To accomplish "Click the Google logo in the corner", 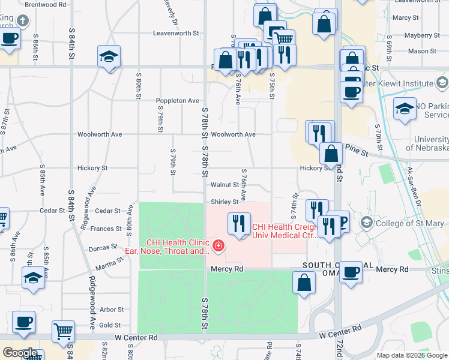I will coord(20,353).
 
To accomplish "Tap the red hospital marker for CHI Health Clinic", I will coord(218,245).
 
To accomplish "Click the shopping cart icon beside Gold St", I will coord(62,331).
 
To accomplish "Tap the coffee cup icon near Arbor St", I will coord(24,322).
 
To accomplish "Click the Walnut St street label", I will coord(224,185).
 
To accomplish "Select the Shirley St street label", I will coord(224,202).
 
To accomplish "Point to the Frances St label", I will coord(106,229).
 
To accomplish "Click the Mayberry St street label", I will coord(418,35).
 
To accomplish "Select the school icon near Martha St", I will coord(33,277).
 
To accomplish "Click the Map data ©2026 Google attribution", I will coord(412,355).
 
